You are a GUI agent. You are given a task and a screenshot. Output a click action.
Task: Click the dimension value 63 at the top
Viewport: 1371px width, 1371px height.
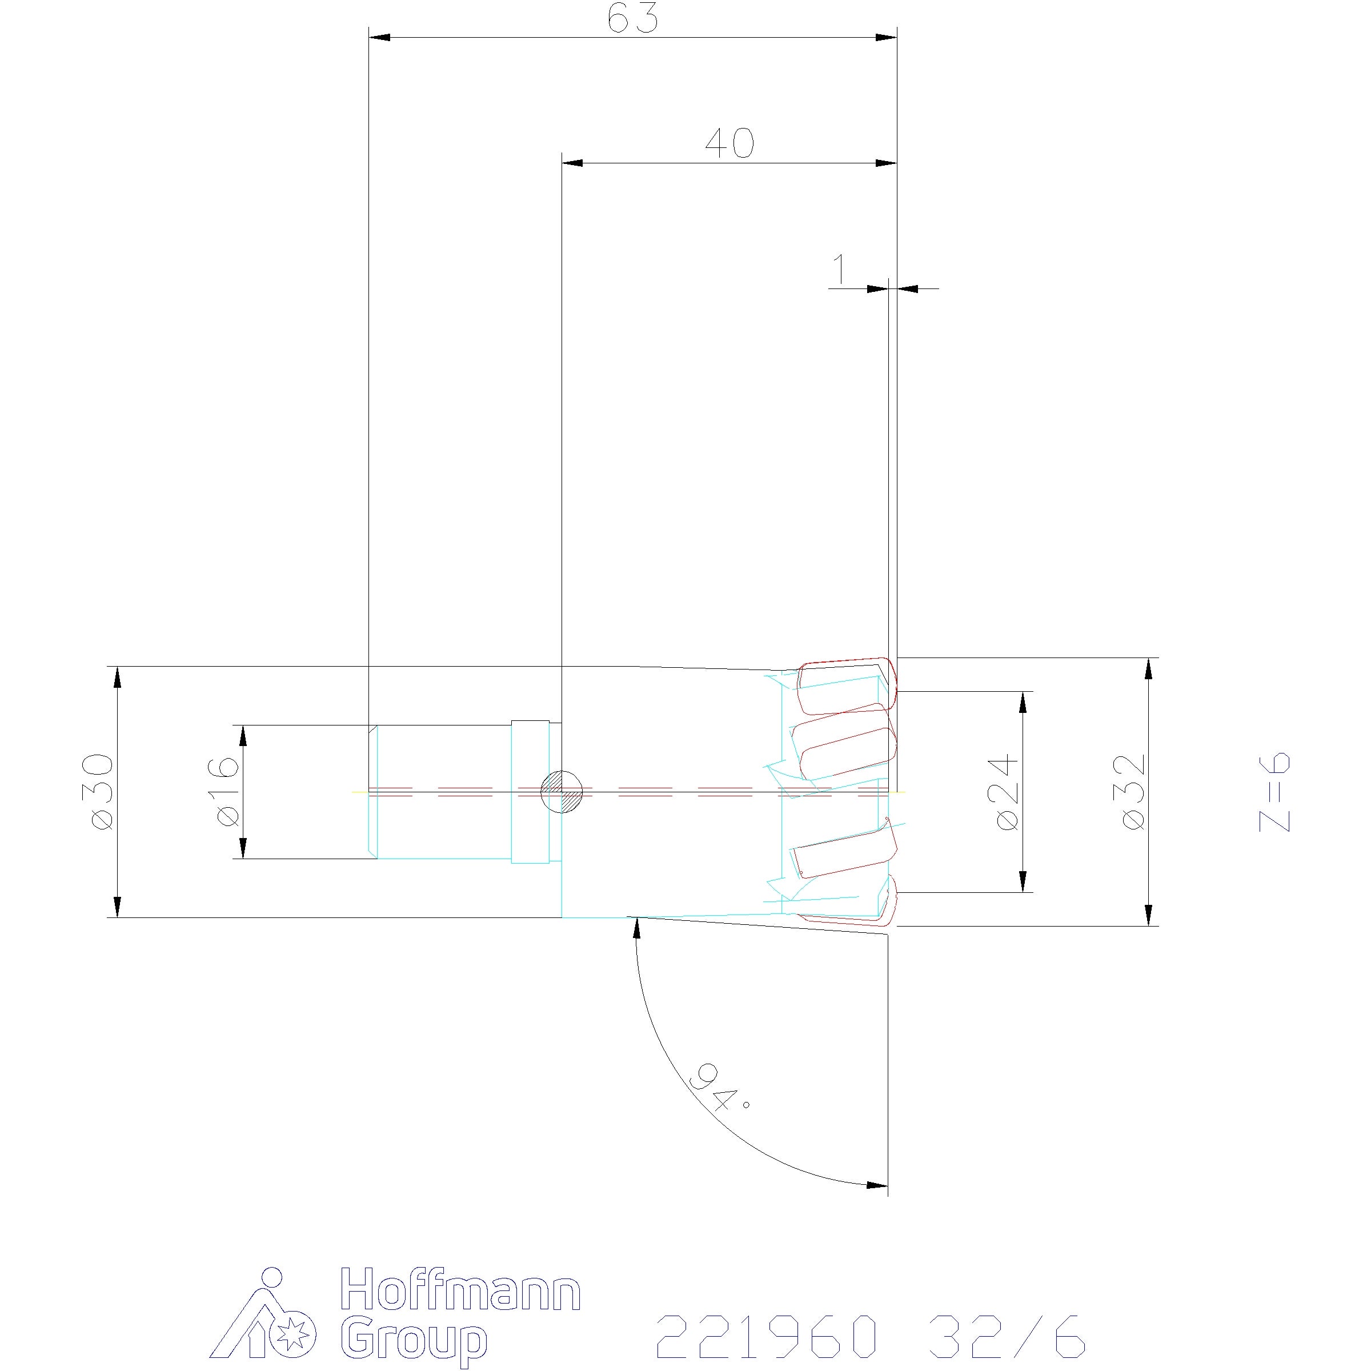pyautogui.click(x=633, y=19)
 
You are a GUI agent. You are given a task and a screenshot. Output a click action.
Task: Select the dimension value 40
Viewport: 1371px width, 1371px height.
pyautogui.click(x=729, y=143)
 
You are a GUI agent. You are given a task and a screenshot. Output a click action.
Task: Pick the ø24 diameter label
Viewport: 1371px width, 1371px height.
pyautogui.click(x=1007, y=792)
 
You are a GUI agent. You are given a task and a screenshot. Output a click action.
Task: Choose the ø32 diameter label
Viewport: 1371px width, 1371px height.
pyautogui.click(x=1133, y=791)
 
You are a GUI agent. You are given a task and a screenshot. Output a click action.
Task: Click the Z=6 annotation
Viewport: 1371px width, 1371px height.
pyautogui.click(x=1274, y=791)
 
